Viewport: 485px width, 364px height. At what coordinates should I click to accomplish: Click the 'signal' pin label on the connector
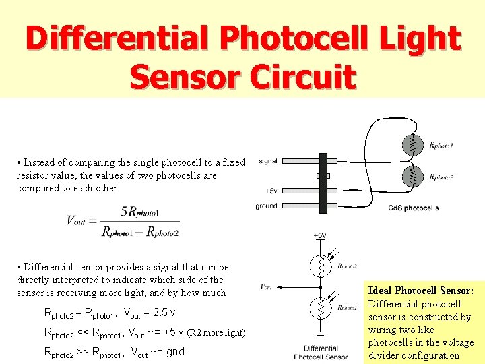pyautogui.click(x=267, y=161)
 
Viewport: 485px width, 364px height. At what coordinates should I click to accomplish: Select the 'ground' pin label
pyautogui.click(x=266, y=206)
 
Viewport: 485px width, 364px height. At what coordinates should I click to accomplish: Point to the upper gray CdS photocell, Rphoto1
pyautogui.click(x=412, y=144)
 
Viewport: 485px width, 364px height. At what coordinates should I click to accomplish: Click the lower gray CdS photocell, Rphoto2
pyautogui.click(x=412, y=177)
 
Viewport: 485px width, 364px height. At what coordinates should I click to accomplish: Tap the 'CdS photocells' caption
pyautogui.click(x=413, y=208)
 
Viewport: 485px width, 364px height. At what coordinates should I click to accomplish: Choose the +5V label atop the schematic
pyautogui.click(x=319, y=235)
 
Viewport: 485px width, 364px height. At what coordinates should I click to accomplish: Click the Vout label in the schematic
pyautogui.click(x=267, y=286)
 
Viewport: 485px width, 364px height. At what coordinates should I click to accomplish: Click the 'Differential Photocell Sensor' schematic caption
pyautogui.click(x=321, y=352)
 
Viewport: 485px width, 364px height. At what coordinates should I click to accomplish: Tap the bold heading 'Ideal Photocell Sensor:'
pyautogui.click(x=421, y=291)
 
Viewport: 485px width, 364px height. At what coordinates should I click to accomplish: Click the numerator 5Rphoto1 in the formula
pyautogui.click(x=140, y=212)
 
